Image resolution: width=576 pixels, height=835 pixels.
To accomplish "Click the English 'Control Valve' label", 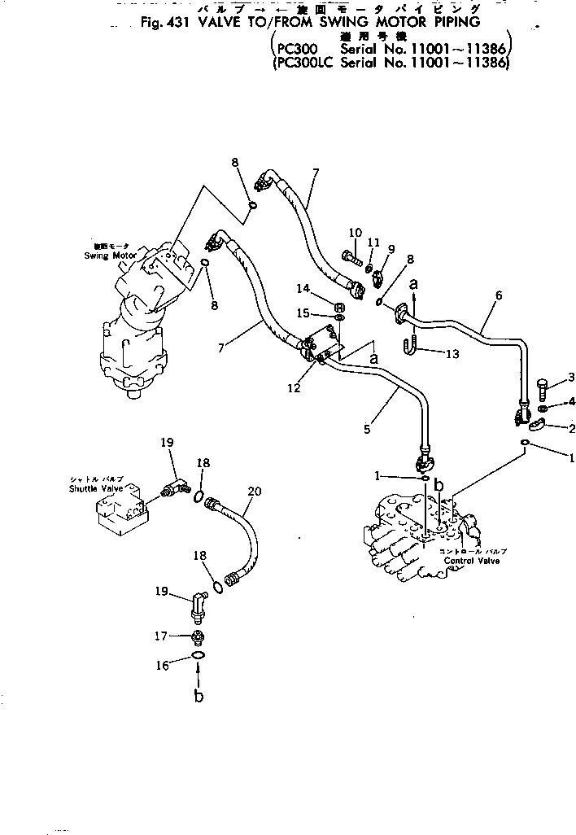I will click(473, 561).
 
